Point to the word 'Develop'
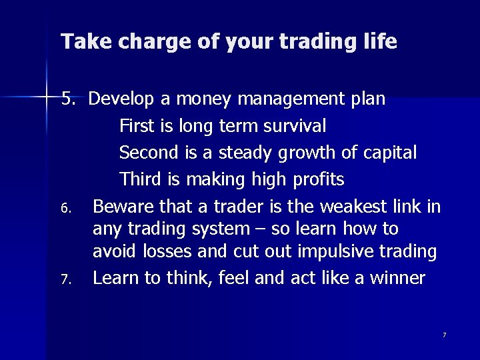tap(121, 100)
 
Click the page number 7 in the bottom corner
tap(444, 334)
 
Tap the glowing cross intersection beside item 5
tap(47, 98)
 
